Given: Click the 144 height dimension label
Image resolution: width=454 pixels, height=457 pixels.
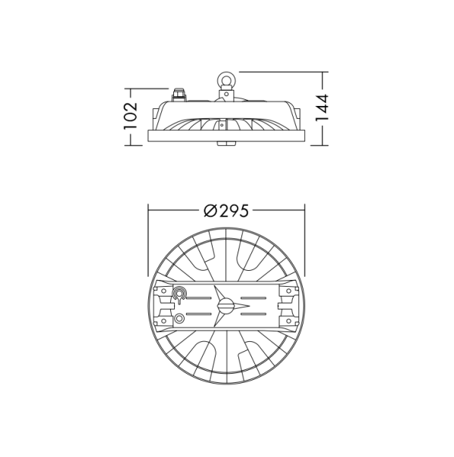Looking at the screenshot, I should [323, 108].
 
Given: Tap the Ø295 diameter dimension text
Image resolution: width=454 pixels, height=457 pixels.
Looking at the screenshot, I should [226, 211].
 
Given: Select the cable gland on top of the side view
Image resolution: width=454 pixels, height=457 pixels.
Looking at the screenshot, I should [179, 95].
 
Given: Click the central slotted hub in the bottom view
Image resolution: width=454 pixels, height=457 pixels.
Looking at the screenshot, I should [225, 306].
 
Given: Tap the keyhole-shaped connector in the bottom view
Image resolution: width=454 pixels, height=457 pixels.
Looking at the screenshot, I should [179, 294].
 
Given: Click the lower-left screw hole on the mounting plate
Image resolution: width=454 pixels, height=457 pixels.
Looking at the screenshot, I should [163, 323].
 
